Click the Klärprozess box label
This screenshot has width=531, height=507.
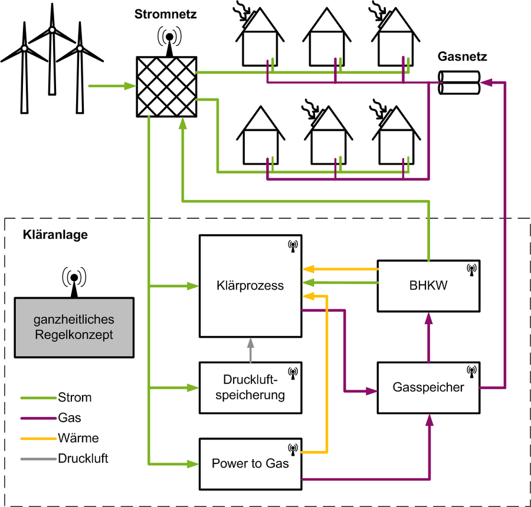pos(250,286)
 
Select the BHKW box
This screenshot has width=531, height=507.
pos(428,286)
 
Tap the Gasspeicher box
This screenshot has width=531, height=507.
pos(428,387)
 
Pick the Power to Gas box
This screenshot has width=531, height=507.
pos(250,463)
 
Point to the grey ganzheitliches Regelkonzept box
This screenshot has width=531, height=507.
pos(73,328)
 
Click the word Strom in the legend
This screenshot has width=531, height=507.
pos(75,397)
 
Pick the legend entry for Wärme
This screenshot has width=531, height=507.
pos(78,438)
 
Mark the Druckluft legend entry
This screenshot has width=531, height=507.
pos(83,457)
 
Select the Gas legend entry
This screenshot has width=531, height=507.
pos(70,418)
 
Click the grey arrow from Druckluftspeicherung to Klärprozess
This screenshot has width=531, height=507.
pos(250,350)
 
